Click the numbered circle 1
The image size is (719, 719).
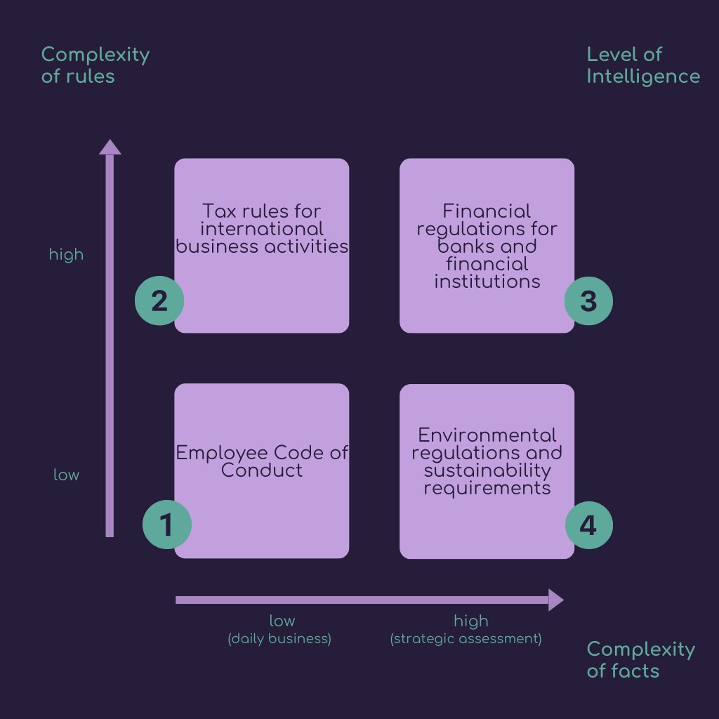pos(167,525)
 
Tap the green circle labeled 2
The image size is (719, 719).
pos(159,301)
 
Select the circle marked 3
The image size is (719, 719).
pos(588,301)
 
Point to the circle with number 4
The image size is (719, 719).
pos(588,525)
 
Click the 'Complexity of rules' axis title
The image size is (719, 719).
pos(95,65)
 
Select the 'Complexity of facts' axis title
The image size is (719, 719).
pos(640,659)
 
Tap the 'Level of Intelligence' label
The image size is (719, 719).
pos(642,65)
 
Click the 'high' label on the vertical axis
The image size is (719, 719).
pos(66,255)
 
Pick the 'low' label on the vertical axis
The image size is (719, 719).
pos(66,475)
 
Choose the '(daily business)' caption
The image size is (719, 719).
pos(279,639)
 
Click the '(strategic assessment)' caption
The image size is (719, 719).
pos(466,639)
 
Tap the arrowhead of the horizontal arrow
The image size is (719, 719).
pos(555,600)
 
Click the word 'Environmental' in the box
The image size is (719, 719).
pos(487,435)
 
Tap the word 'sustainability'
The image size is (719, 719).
pos(487,470)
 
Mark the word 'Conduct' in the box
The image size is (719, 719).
pos(261,470)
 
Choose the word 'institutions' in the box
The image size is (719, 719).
pos(487,282)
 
